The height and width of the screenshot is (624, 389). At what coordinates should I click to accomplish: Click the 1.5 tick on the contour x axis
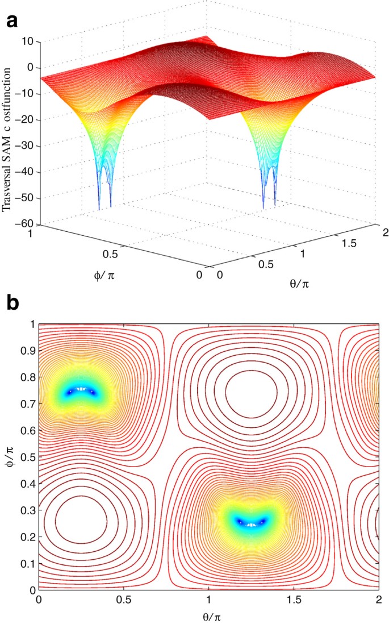coord(294,600)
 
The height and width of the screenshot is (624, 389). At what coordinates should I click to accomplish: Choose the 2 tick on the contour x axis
coord(379,600)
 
